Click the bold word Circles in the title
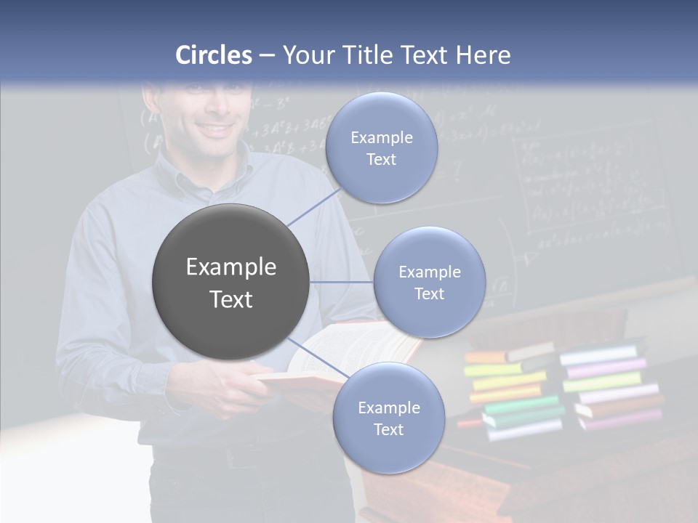(214, 55)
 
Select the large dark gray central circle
(230, 282)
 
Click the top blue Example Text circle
(381, 147)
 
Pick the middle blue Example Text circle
(429, 282)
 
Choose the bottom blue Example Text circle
(388, 418)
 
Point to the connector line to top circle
(313, 205)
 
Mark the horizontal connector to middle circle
(342, 282)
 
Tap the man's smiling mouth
(217, 131)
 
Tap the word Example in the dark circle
(230, 267)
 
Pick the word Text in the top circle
(381, 159)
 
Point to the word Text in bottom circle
(388, 429)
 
